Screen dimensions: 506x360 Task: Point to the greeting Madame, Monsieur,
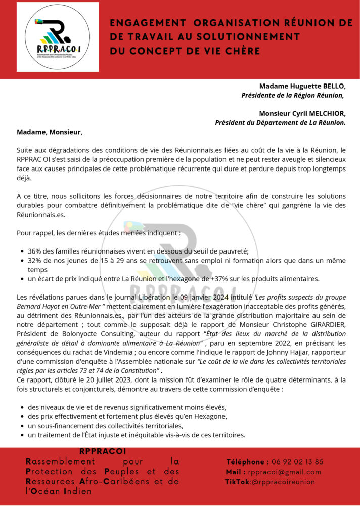pos(49,132)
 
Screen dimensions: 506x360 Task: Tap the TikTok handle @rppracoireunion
pos(283,482)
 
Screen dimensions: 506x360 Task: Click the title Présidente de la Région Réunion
pos(293,95)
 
